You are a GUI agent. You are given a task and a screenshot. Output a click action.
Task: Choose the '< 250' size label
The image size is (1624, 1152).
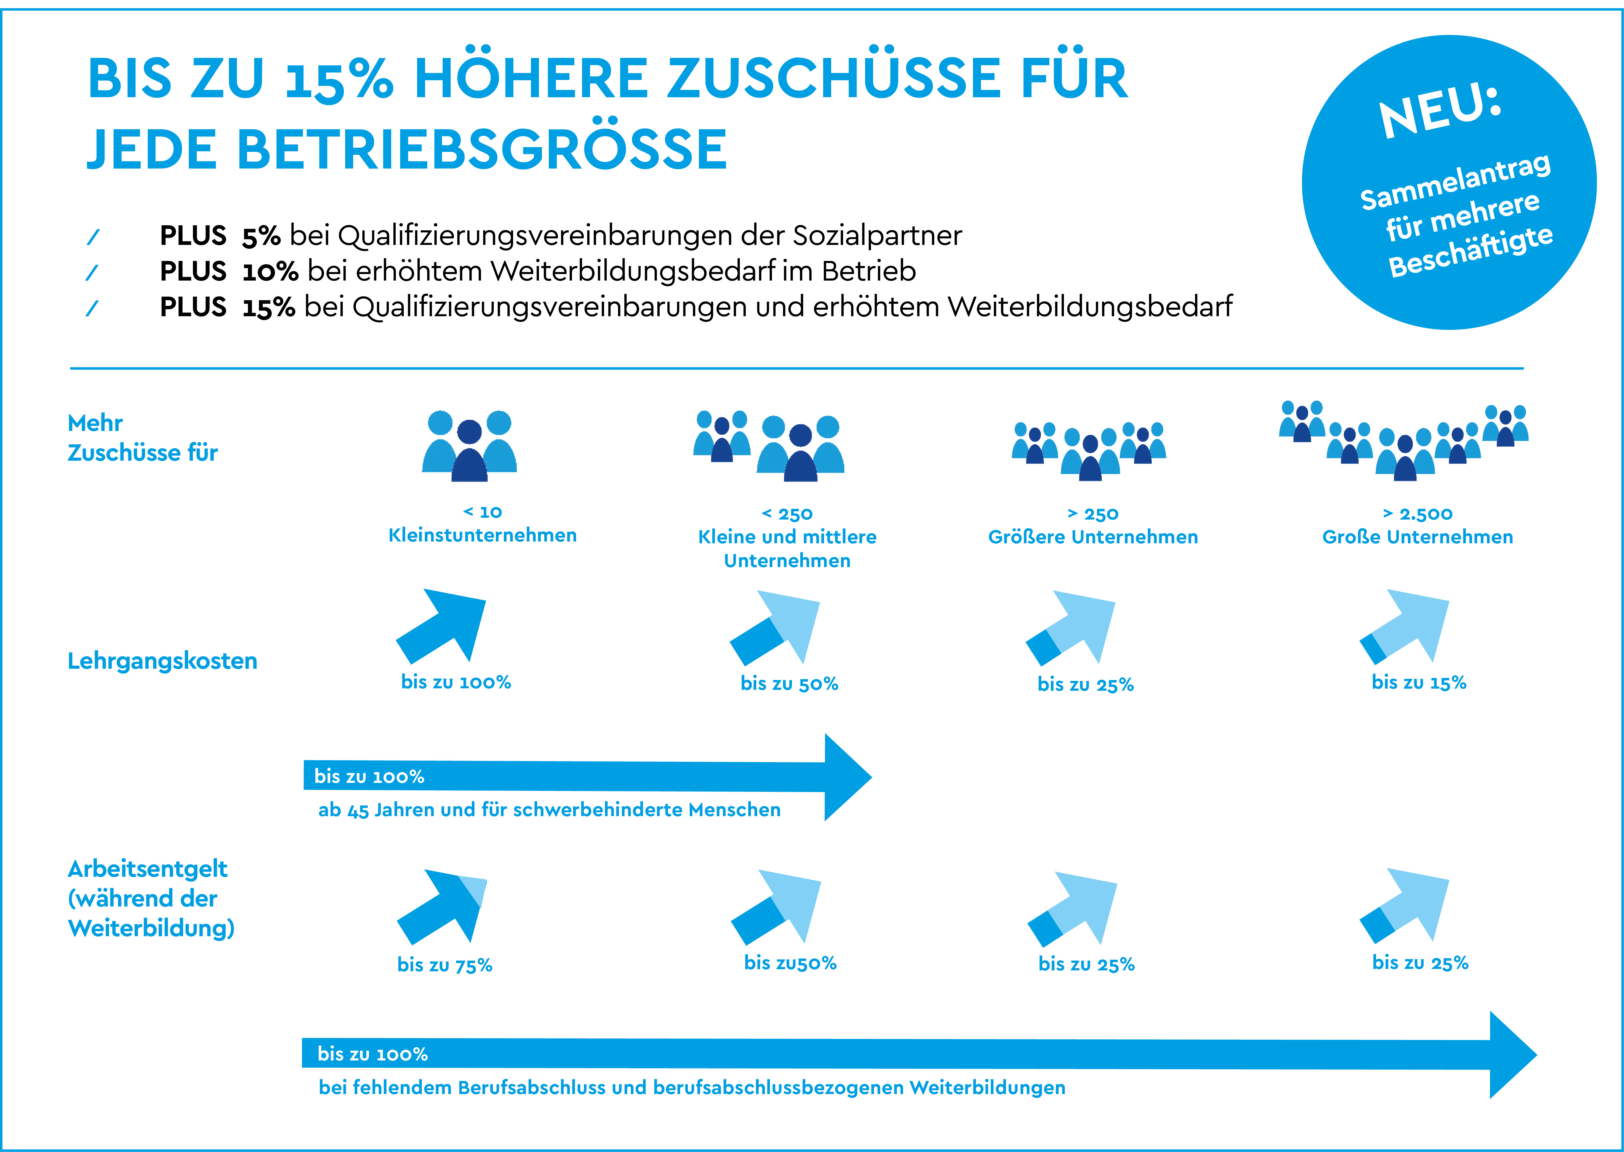point(787,514)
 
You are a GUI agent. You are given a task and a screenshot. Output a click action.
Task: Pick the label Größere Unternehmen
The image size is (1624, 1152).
point(1092,537)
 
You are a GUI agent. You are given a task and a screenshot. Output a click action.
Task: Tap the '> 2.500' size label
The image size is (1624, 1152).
point(1417,514)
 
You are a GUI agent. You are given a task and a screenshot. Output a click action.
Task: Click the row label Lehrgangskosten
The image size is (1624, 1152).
point(162,661)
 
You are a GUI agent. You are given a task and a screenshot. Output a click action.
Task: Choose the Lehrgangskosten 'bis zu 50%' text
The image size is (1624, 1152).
point(789,684)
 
